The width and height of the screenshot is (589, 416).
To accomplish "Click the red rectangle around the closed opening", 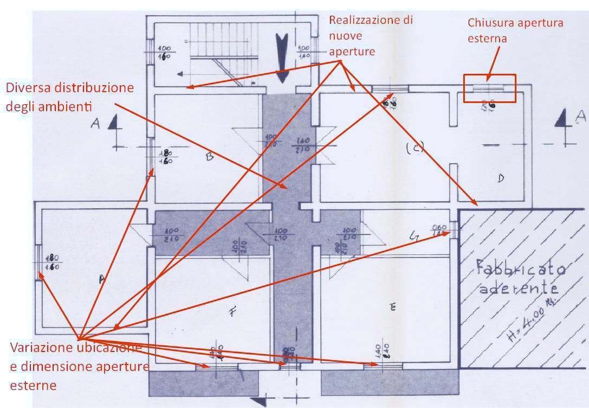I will pos(489,88).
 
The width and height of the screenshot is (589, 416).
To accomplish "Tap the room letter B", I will pos(209,157).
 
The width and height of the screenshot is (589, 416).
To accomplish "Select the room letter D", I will pos(501,177).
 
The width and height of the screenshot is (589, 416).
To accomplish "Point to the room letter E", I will pos(393,307).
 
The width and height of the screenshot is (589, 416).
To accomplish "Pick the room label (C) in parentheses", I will pos(415,147).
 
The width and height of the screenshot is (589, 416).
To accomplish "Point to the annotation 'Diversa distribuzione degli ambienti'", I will pos(70,96).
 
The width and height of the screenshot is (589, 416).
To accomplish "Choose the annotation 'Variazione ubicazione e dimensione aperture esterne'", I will pos(79,366).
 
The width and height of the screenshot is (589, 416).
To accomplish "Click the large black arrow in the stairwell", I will pos(282,56).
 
